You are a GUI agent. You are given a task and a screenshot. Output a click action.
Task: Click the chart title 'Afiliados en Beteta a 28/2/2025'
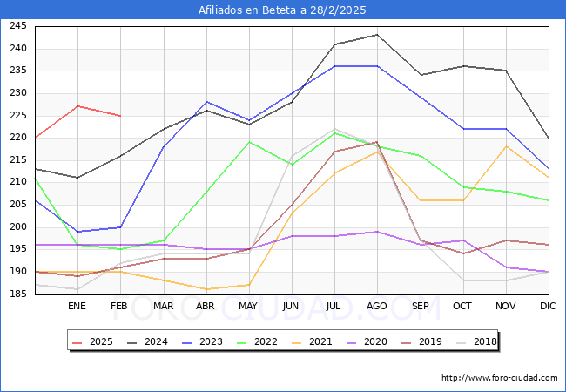pyautogui.click(x=282, y=10)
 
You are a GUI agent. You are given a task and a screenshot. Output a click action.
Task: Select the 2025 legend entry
pyautogui.click(x=93, y=341)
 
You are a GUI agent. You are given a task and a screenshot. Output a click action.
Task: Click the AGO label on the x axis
pyautogui.click(x=377, y=306)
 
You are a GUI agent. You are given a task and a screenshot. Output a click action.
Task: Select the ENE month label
pyautogui.click(x=77, y=306)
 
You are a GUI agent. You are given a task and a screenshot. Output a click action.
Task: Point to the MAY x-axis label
pyautogui.click(x=248, y=306)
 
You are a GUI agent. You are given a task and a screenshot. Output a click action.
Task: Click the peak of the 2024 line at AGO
pyautogui.click(x=377, y=35)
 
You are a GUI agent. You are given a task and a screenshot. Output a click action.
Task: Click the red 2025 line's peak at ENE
pyautogui.click(x=77, y=106)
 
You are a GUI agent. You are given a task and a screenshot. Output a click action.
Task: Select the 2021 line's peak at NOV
pyautogui.click(x=506, y=146)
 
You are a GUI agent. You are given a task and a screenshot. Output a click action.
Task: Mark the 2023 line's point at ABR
pyautogui.click(x=206, y=102)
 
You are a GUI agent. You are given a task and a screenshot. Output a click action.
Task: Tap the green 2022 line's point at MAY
pyautogui.click(x=248, y=142)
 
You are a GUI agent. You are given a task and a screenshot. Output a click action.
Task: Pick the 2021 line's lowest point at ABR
pyautogui.click(x=206, y=289)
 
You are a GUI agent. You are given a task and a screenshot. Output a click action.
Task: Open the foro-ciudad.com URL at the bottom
pyautogui.click(x=499, y=378)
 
